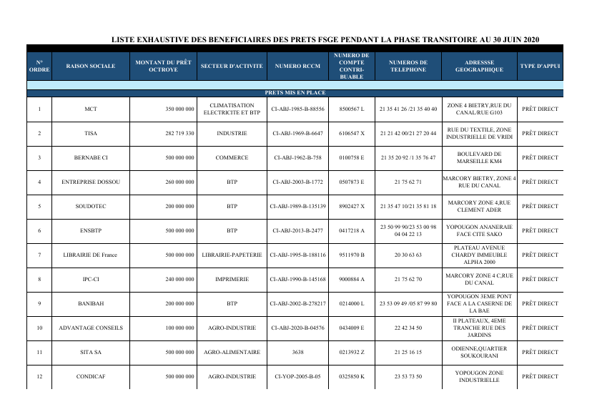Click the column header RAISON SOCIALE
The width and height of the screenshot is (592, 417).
(x=90, y=66)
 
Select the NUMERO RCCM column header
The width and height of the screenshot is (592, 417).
(x=297, y=66)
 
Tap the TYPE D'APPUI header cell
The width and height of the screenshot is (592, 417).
(x=540, y=66)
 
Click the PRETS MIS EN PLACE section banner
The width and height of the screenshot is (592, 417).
(x=295, y=93)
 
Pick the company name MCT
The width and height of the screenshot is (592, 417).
(x=90, y=109)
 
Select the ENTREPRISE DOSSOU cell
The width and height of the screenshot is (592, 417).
(x=90, y=182)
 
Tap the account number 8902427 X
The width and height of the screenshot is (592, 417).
(x=352, y=206)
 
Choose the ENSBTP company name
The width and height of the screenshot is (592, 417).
(x=90, y=230)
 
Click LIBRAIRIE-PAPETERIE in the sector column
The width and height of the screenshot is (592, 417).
(x=232, y=255)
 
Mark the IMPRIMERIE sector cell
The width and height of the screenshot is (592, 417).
(x=232, y=279)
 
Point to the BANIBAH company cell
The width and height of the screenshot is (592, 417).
(x=90, y=303)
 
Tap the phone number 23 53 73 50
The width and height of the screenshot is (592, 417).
(x=408, y=376)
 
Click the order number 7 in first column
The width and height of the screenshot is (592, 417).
(x=39, y=255)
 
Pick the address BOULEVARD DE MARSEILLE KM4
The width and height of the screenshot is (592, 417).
(x=480, y=157)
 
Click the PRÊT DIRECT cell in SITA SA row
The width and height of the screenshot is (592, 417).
(x=540, y=352)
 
